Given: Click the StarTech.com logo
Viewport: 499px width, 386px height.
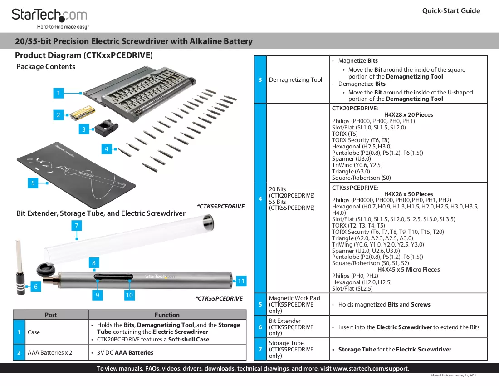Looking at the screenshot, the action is (49, 19).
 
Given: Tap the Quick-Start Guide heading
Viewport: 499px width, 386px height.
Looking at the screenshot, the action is (451, 11).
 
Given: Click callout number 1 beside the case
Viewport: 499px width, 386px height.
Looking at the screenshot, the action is (58, 93).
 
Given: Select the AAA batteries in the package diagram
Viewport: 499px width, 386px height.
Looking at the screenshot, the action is (82, 113).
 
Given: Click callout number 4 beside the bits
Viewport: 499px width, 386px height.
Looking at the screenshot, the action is (107, 149).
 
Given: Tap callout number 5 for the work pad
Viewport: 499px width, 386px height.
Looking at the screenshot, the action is (33, 183).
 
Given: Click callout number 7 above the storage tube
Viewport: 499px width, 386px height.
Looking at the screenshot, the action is (76, 226).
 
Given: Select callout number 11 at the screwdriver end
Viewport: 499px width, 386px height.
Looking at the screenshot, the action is (241, 281).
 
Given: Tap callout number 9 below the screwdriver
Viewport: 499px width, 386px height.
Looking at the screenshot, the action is (98, 295).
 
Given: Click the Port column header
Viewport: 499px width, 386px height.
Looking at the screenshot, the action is (51, 315).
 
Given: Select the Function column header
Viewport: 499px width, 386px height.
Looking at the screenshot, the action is (167, 315).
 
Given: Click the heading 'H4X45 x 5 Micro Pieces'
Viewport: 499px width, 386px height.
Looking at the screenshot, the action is (408, 269).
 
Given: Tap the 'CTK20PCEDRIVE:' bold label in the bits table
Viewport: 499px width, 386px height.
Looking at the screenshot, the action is (355, 108).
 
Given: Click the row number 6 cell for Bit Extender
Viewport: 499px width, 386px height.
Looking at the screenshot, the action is (260, 327).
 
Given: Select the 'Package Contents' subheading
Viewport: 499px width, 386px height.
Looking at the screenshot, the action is (46, 67).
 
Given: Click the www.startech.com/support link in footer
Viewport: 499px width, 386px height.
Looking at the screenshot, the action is (371, 368).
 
